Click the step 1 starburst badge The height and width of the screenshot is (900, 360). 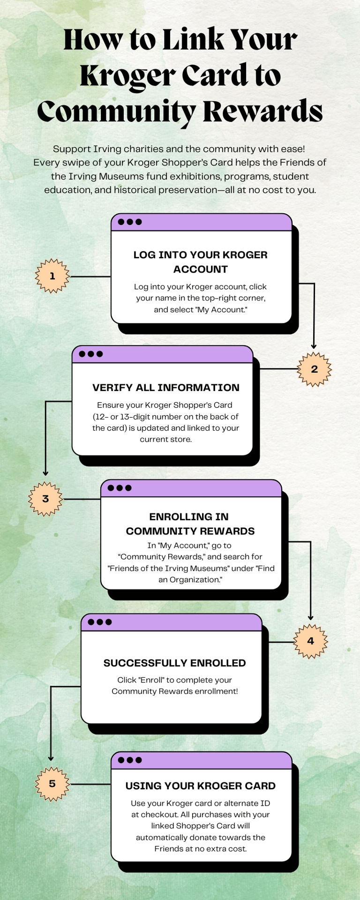[x=52, y=276]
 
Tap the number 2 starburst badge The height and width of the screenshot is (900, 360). [x=314, y=369]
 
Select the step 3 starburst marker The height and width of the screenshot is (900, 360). [x=45, y=499]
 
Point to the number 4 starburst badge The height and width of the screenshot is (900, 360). [x=310, y=641]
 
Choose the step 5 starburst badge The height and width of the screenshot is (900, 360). [x=52, y=784]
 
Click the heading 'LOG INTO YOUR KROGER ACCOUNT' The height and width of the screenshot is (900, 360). [x=201, y=262]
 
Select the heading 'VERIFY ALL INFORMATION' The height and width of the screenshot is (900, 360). [x=166, y=388]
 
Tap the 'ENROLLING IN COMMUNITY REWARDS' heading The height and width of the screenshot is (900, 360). [x=190, y=524]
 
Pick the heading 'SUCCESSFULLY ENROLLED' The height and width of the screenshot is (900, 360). [x=174, y=663]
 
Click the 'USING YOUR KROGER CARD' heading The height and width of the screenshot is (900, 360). [x=201, y=786]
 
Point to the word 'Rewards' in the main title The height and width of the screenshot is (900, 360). [x=262, y=112]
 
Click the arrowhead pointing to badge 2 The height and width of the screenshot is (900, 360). [x=314, y=346]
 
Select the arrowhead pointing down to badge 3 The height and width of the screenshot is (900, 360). [x=45, y=473]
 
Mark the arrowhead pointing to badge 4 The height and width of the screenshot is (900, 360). [x=310, y=618]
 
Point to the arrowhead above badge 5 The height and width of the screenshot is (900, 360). [x=51, y=758]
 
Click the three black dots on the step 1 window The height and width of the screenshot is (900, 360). [x=130, y=222]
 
